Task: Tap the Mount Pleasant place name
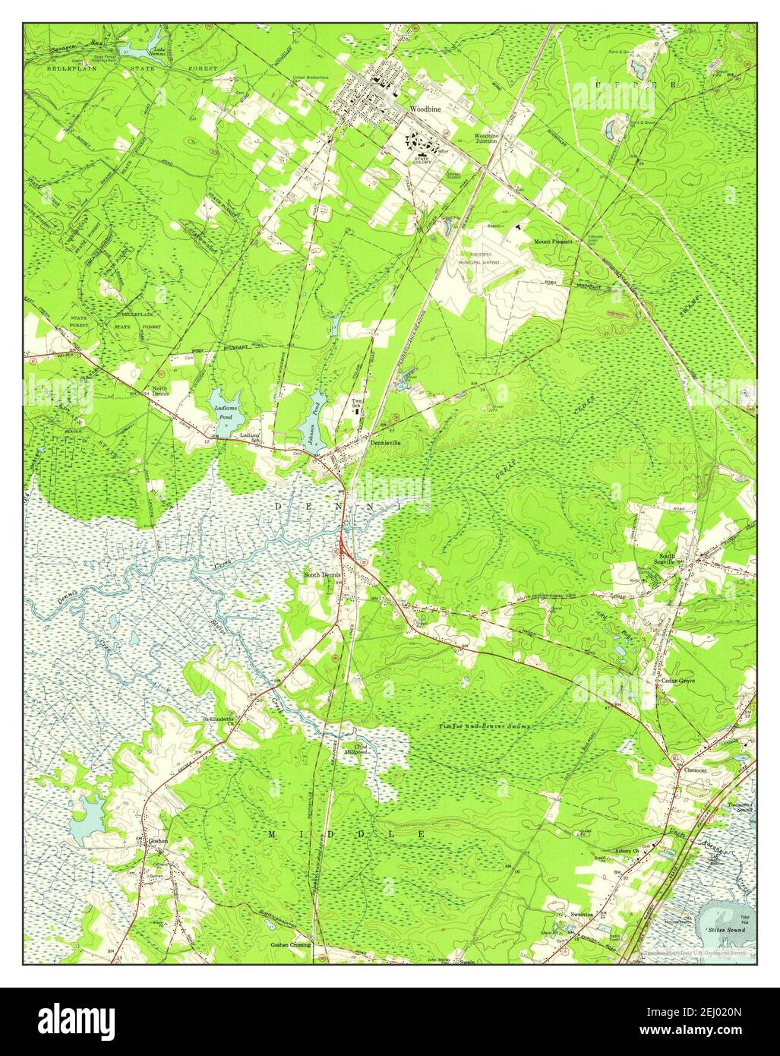tap(553, 242)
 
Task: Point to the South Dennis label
tap(323, 575)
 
